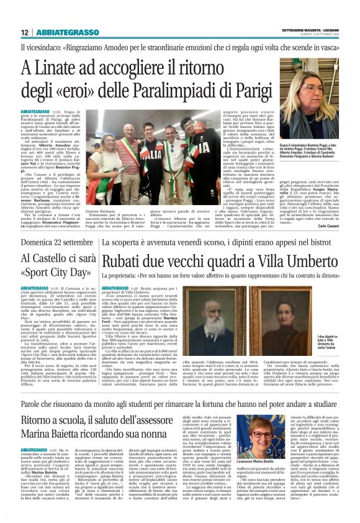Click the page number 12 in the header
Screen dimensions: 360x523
coord(23,32)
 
